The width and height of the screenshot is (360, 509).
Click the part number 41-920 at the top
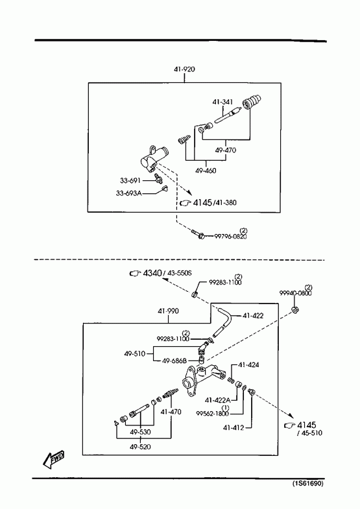click(184, 69)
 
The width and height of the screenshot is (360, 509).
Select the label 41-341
click(222, 102)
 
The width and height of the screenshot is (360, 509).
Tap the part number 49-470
click(226, 150)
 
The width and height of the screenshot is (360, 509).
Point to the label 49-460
click(206, 171)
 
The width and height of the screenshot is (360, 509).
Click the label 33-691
click(130, 180)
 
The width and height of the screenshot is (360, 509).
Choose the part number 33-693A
click(129, 193)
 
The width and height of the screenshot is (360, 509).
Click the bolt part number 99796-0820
click(230, 236)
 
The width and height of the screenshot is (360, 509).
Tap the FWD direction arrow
click(54, 458)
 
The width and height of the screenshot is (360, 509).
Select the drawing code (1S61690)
click(308, 484)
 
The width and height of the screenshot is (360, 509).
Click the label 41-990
click(168, 311)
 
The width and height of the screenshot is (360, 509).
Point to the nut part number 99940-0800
click(295, 293)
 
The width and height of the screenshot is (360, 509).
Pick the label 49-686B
click(174, 361)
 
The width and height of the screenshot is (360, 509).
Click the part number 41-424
click(248, 365)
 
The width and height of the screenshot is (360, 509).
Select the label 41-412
click(234, 428)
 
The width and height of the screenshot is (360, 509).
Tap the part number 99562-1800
click(212, 413)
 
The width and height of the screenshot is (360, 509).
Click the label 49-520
click(140, 447)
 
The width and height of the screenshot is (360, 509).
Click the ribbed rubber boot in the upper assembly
click(252, 102)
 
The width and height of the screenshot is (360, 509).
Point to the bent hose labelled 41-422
click(224, 323)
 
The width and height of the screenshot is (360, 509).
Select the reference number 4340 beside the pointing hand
click(152, 273)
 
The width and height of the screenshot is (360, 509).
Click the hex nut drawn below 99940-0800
click(295, 310)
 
